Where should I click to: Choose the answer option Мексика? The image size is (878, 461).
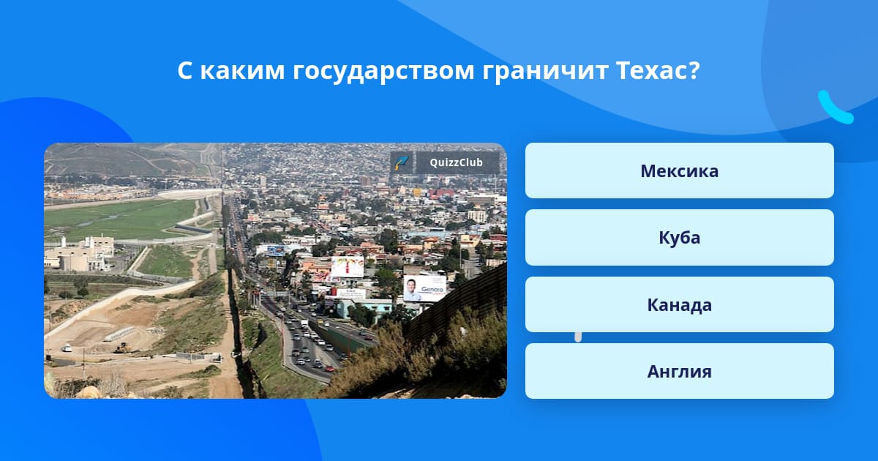point(679,170)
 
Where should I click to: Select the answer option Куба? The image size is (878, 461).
point(679,238)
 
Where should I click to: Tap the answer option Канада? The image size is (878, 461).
point(679,304)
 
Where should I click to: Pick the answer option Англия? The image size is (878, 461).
point(679,371)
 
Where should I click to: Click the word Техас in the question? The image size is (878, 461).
point(658,70)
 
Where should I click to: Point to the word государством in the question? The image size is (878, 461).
point(383,72)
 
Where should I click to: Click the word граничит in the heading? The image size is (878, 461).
point(545,72)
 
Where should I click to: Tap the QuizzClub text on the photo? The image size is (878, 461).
point(457,162)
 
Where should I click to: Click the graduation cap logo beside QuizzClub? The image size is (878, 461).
point(402,162)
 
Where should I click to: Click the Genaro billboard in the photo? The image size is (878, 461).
point(425,288)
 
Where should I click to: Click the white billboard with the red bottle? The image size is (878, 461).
point(348,266)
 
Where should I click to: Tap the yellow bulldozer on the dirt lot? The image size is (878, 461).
point(122,348)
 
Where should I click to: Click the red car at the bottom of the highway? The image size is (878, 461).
point(329,369)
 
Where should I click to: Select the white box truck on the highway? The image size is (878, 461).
point(304,323)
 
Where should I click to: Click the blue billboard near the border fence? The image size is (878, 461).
point(275,250)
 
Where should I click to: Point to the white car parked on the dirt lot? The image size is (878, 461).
point(67,348)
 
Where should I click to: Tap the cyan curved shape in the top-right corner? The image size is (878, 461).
point(835,108)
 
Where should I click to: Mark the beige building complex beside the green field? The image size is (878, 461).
point(80,254)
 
